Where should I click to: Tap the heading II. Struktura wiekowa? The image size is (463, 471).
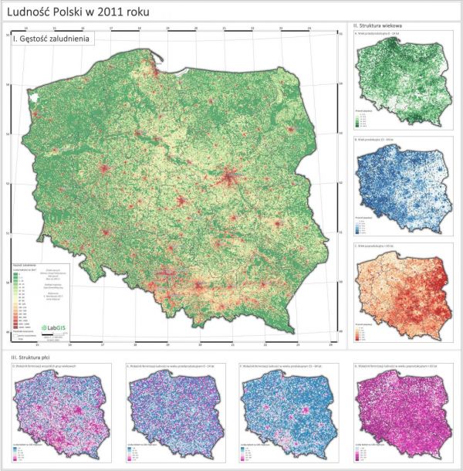[380, 26]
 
